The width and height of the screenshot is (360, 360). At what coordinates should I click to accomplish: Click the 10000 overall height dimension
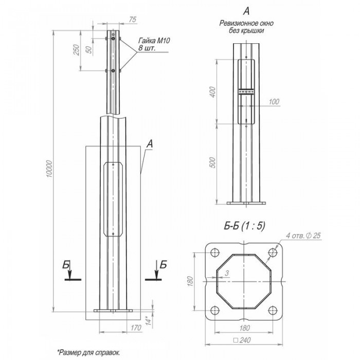pos(49,169)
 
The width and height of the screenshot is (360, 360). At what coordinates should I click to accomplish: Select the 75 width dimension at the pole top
pos(133,20)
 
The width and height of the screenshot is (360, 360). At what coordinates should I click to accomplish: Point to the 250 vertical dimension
pos(76,50)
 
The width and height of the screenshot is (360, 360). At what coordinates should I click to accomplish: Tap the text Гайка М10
pos(154,41)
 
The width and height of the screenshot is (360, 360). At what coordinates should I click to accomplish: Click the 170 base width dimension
pos(136,328)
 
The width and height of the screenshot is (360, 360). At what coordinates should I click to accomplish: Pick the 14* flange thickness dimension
pos(149,321)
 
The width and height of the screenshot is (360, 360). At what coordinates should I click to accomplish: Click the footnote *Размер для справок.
pos(88,352)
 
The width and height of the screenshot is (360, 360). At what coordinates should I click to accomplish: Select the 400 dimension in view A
pos(213,92)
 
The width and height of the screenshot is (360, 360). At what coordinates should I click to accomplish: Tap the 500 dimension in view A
pos(213,163)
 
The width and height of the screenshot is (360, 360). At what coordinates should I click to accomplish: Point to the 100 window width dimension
pos(274,102)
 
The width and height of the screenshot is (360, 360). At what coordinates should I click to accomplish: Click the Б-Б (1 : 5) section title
pos(244,226)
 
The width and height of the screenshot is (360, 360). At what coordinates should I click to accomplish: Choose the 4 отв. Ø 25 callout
pos(303,236)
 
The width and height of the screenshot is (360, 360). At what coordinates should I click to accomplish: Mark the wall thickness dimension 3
pos(227,273)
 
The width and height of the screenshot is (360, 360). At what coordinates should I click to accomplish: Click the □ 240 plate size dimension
pos(242,340)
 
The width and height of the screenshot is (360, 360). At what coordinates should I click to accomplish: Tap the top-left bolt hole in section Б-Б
pos(215,253)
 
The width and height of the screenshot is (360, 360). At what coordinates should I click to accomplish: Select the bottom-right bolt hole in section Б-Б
pos(273,311)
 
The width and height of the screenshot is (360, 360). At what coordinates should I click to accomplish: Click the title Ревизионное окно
pos(246,23)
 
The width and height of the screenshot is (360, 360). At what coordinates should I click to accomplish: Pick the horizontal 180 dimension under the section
pos(244,328)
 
